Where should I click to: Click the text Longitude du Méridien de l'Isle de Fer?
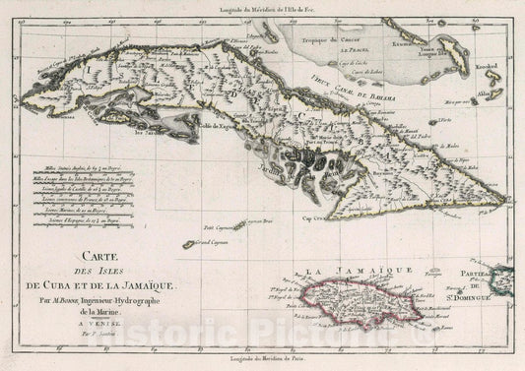(262, 9)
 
